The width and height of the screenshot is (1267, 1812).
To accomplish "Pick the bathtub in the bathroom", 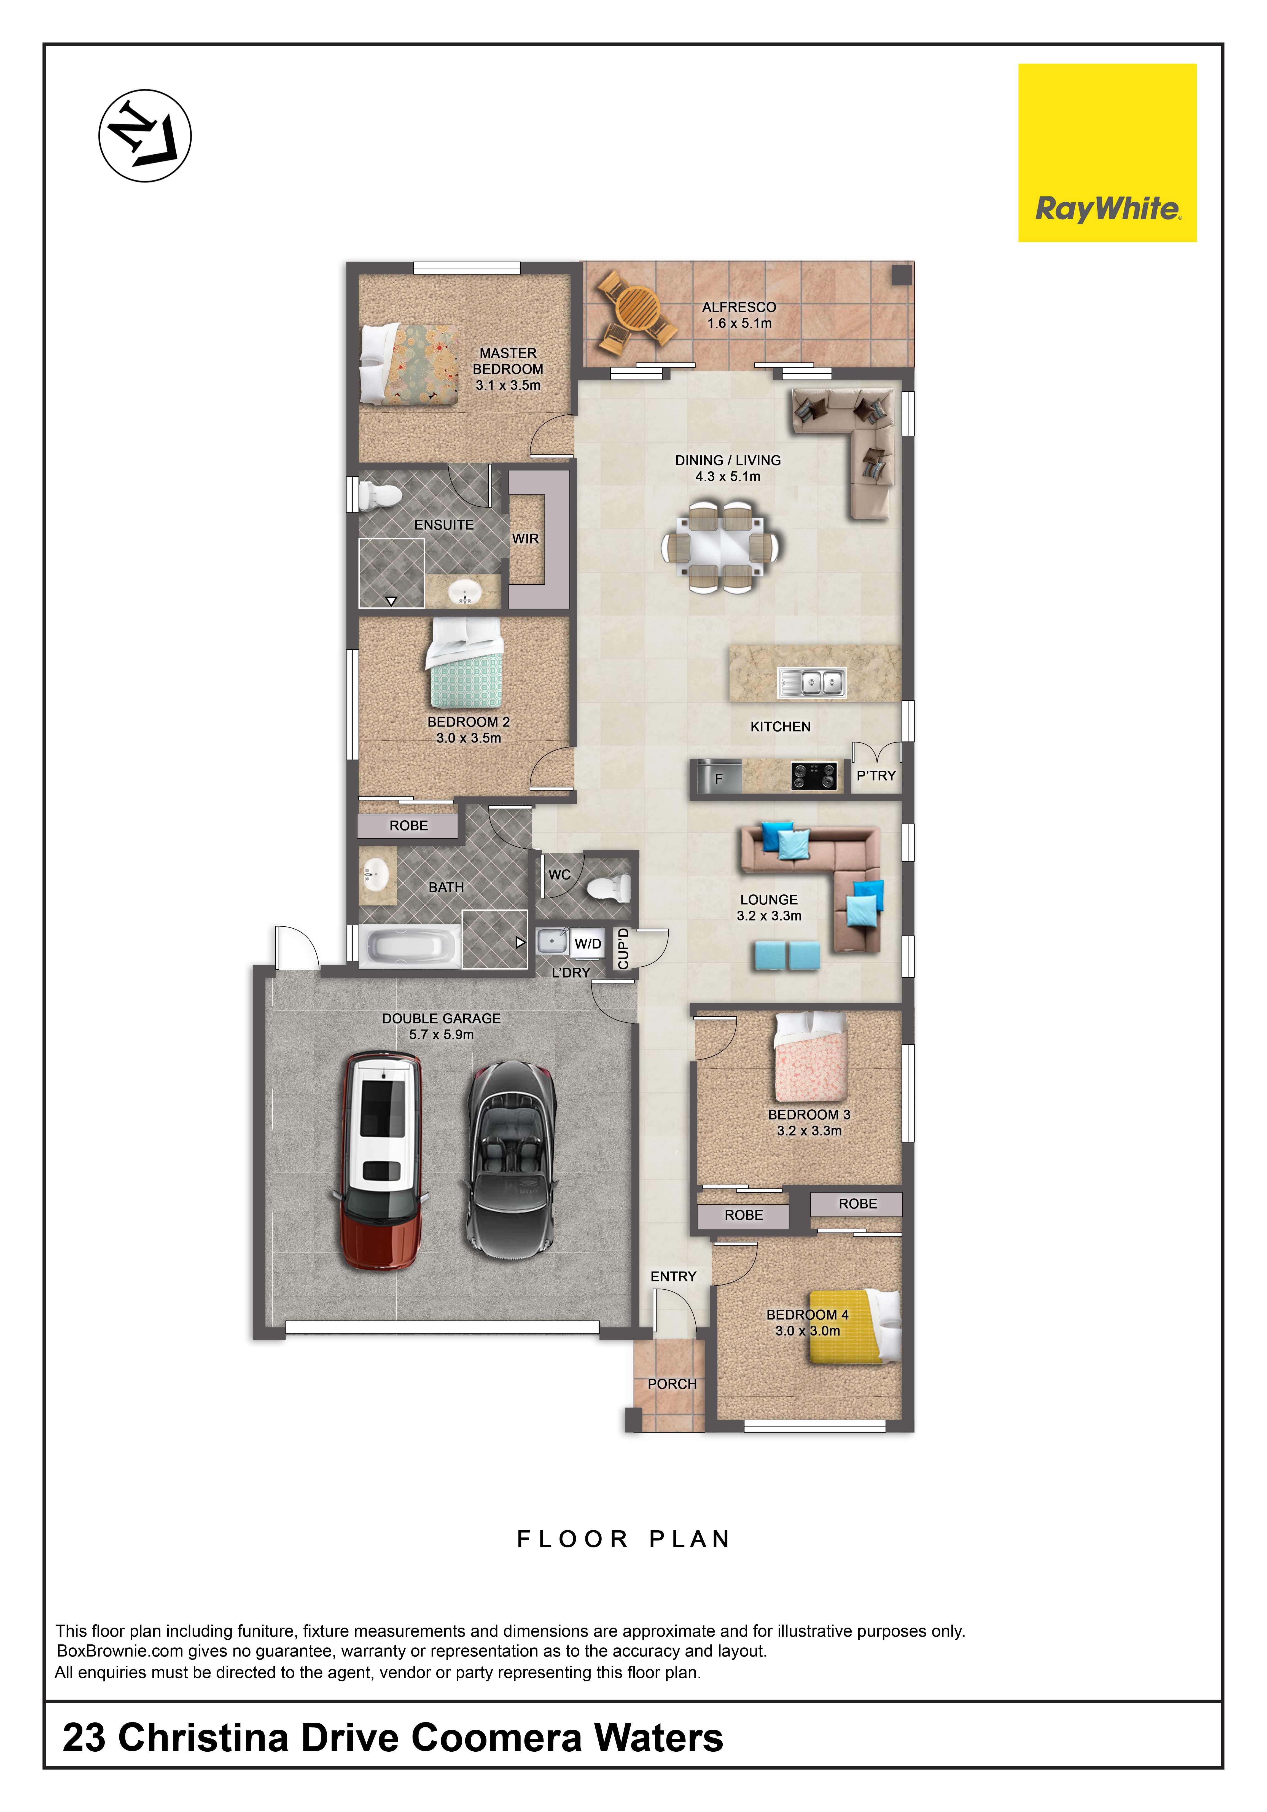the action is [x=410, y=945].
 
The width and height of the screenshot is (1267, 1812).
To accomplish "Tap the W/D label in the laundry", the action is [x=588, y=944].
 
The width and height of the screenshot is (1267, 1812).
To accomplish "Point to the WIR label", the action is [x=525, y=538].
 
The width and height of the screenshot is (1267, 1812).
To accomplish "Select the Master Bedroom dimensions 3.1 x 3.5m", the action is [x=508, y=385].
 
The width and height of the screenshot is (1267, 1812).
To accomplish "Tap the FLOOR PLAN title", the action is [x=624, y=1539].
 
